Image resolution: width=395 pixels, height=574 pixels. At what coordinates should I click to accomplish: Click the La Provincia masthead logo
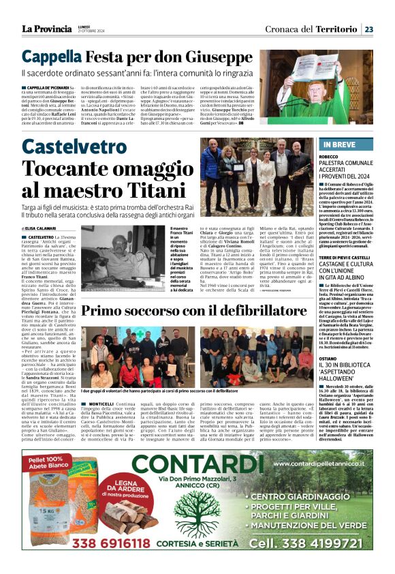point(46,29)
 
